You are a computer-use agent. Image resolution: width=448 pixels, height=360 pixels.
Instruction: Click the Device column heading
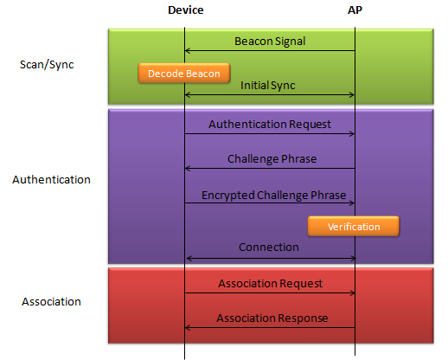pos(186,10)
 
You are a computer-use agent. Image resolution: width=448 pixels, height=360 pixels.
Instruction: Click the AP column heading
pos(355,10)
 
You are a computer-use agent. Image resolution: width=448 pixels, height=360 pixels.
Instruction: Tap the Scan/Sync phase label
pos(47,65)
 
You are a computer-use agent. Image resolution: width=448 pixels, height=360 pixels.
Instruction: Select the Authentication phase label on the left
pos(51,180)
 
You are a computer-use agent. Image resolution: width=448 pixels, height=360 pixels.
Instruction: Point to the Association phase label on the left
pos(51,302)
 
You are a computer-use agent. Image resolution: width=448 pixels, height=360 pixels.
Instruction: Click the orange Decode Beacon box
pos(184,74)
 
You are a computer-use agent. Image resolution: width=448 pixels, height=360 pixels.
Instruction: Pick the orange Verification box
pos(354,227)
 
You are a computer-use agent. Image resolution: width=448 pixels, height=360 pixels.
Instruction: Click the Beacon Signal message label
pos(270,42)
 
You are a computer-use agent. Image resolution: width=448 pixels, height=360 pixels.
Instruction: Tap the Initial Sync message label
pos(268,86)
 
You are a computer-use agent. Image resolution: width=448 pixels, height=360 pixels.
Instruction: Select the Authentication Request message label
pos(270,125)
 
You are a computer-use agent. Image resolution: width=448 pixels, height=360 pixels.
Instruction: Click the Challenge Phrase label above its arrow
pos(272,159)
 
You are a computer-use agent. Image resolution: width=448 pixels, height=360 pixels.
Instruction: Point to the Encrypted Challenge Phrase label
pos(273,196)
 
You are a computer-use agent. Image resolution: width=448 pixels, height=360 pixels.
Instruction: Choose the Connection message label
pos(269,247)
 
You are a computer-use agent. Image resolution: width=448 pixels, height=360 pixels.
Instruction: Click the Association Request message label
pos(270,284)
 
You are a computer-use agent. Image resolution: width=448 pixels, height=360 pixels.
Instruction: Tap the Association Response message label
pos(272,318)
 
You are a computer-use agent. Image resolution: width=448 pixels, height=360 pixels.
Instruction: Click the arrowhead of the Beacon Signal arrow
pos(187,51)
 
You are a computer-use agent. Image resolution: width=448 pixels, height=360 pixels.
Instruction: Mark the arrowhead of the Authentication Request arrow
pos(352,134)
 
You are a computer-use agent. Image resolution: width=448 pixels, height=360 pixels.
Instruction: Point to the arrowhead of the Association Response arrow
pos(187,328)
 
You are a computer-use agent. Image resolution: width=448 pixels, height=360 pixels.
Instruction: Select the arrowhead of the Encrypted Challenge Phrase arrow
pos(352,203)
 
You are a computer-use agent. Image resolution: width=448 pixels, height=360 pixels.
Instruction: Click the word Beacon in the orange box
pos(205,74)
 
